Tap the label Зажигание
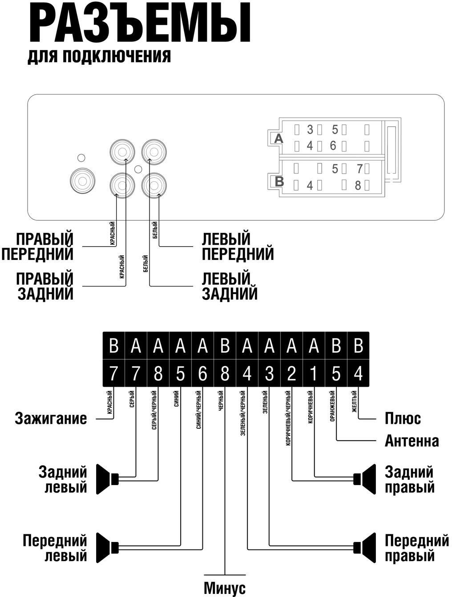coord(51,418)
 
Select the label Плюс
coord(403,418)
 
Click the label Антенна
coord(412,441)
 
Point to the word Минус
coord(225,588)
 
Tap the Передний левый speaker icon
coord(107,547)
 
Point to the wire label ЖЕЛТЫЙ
coord(355,402)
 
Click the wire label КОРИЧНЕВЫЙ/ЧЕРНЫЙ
coord(288,418)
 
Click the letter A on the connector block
coord(278,139)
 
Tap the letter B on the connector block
coord(279,181)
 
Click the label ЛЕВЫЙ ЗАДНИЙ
coord(230,286)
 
